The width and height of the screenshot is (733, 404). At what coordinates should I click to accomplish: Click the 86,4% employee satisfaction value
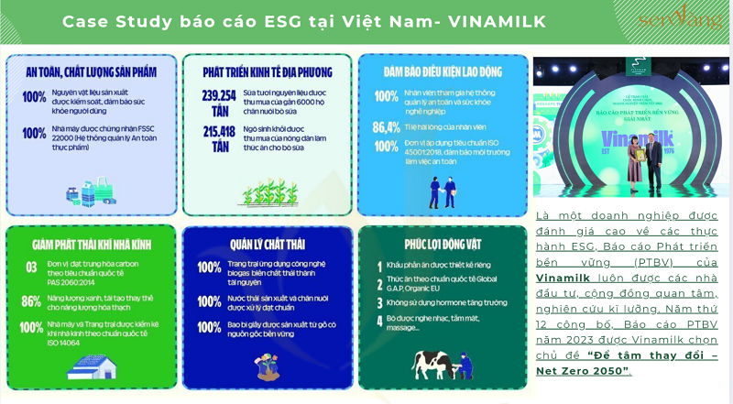coord(386,127)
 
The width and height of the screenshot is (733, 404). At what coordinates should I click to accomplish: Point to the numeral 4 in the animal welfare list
coord(377,321)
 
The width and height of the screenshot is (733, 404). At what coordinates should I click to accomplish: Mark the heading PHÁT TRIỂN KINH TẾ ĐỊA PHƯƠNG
coord(267,71)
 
